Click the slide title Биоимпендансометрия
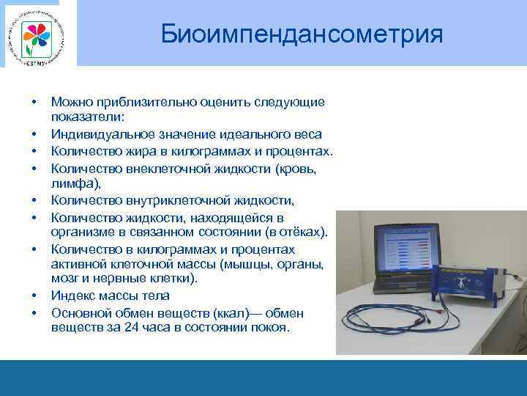click(x=302, y=33)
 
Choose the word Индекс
click(x=73, y=296)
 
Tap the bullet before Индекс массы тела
click(x=34, y=296)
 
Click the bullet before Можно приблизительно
click(x=34, y=103)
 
